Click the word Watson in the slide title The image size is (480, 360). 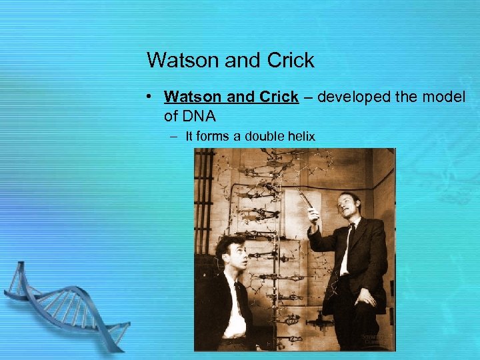pyautogui.click(x=181, y=61)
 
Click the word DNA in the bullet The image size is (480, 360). pyautogui.click(x=198, y=116)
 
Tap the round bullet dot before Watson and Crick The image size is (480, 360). pyautogui.click(x=153, y=97)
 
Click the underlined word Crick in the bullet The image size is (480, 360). pyautogui.click(x=279, y=97)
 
